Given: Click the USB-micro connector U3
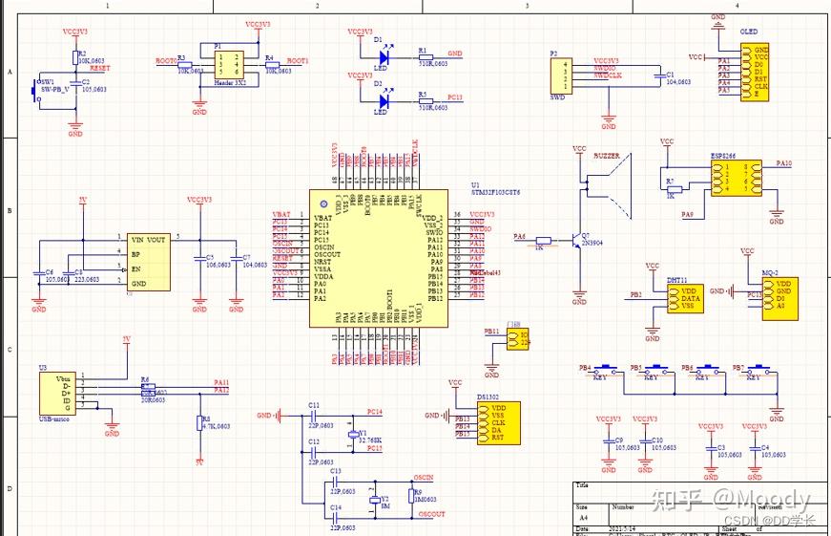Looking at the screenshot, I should point(55,394).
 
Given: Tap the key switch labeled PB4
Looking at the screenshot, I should point(600,369).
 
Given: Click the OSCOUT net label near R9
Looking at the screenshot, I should point(430,514).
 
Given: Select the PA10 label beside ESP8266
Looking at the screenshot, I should point(784,164).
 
